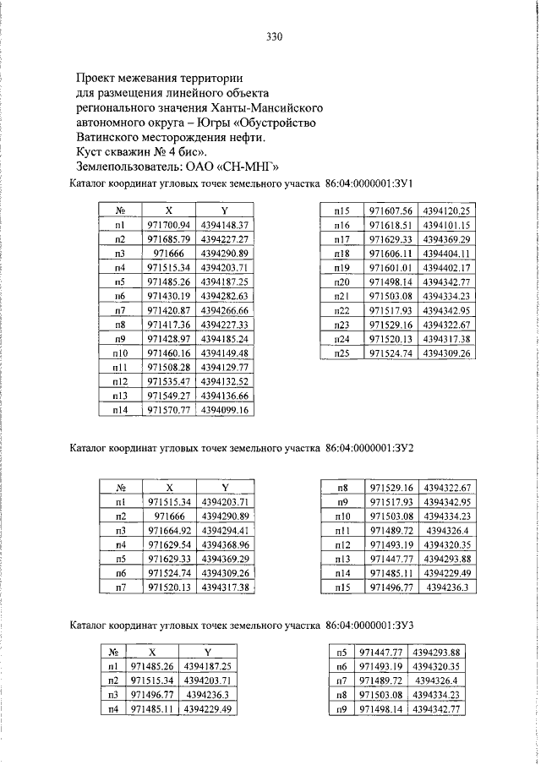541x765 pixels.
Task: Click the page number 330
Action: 270,37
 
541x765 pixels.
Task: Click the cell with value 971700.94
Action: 170,226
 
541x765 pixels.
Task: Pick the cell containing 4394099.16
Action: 226,410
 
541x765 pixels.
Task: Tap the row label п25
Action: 342,352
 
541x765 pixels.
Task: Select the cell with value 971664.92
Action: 170,529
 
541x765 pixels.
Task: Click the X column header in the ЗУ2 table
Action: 170,488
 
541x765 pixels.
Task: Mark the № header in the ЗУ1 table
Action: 121,210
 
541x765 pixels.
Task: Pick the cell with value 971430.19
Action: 170,296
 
